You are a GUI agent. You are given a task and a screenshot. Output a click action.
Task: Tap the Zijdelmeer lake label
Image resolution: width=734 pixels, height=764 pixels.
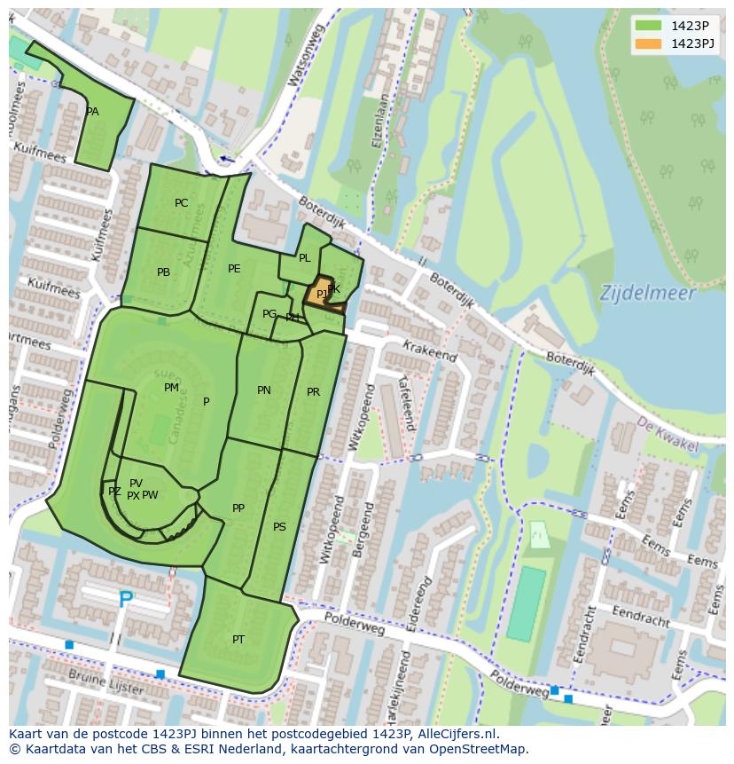tap(647, 292)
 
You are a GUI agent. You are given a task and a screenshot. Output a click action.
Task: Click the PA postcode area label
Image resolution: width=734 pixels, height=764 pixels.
tap(92, 113)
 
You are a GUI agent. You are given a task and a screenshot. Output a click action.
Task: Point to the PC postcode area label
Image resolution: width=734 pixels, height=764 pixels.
tap(182, 203)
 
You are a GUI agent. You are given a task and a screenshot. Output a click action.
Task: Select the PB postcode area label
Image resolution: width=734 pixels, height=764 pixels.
tap(163, 272)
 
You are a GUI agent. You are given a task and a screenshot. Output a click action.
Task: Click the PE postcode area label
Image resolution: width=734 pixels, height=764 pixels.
tap(234, 269)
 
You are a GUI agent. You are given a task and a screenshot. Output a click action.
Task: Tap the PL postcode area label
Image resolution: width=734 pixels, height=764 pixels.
tap(304, 258)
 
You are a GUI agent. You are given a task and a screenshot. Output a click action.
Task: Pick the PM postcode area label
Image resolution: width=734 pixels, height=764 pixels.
tap(171, 388)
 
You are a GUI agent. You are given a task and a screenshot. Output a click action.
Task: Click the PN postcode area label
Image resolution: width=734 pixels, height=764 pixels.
tap(264, 390)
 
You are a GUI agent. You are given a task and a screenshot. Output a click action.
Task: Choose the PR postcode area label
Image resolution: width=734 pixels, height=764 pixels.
tap(313, 392)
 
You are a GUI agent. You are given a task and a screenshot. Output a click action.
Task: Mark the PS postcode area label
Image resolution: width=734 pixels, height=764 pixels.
tap(279, 527)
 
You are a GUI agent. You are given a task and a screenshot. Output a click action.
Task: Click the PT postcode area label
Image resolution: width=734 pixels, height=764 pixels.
tap(238, 640)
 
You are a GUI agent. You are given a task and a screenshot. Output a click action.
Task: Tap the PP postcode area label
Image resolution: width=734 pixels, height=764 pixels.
tap(238, 508)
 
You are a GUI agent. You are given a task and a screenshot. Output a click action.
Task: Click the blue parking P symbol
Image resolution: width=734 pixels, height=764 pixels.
tap(126, 601)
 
